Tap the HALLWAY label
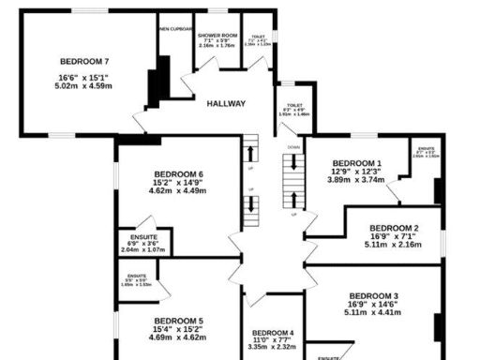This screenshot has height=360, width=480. (226, 103)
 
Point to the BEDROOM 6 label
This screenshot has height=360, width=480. (177, 174)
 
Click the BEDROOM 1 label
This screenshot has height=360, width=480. (357, 162)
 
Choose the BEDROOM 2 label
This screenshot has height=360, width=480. (394, 228)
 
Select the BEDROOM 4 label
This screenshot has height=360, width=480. (273, 332)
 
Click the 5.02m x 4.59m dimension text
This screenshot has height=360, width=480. (84, 86)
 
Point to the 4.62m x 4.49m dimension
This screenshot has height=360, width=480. (177, 191)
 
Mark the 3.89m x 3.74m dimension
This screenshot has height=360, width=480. (357, 179)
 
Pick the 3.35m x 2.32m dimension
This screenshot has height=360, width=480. (273, 347)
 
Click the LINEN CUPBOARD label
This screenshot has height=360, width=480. (175, 29)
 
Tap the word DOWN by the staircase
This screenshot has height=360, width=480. (293, 147)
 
